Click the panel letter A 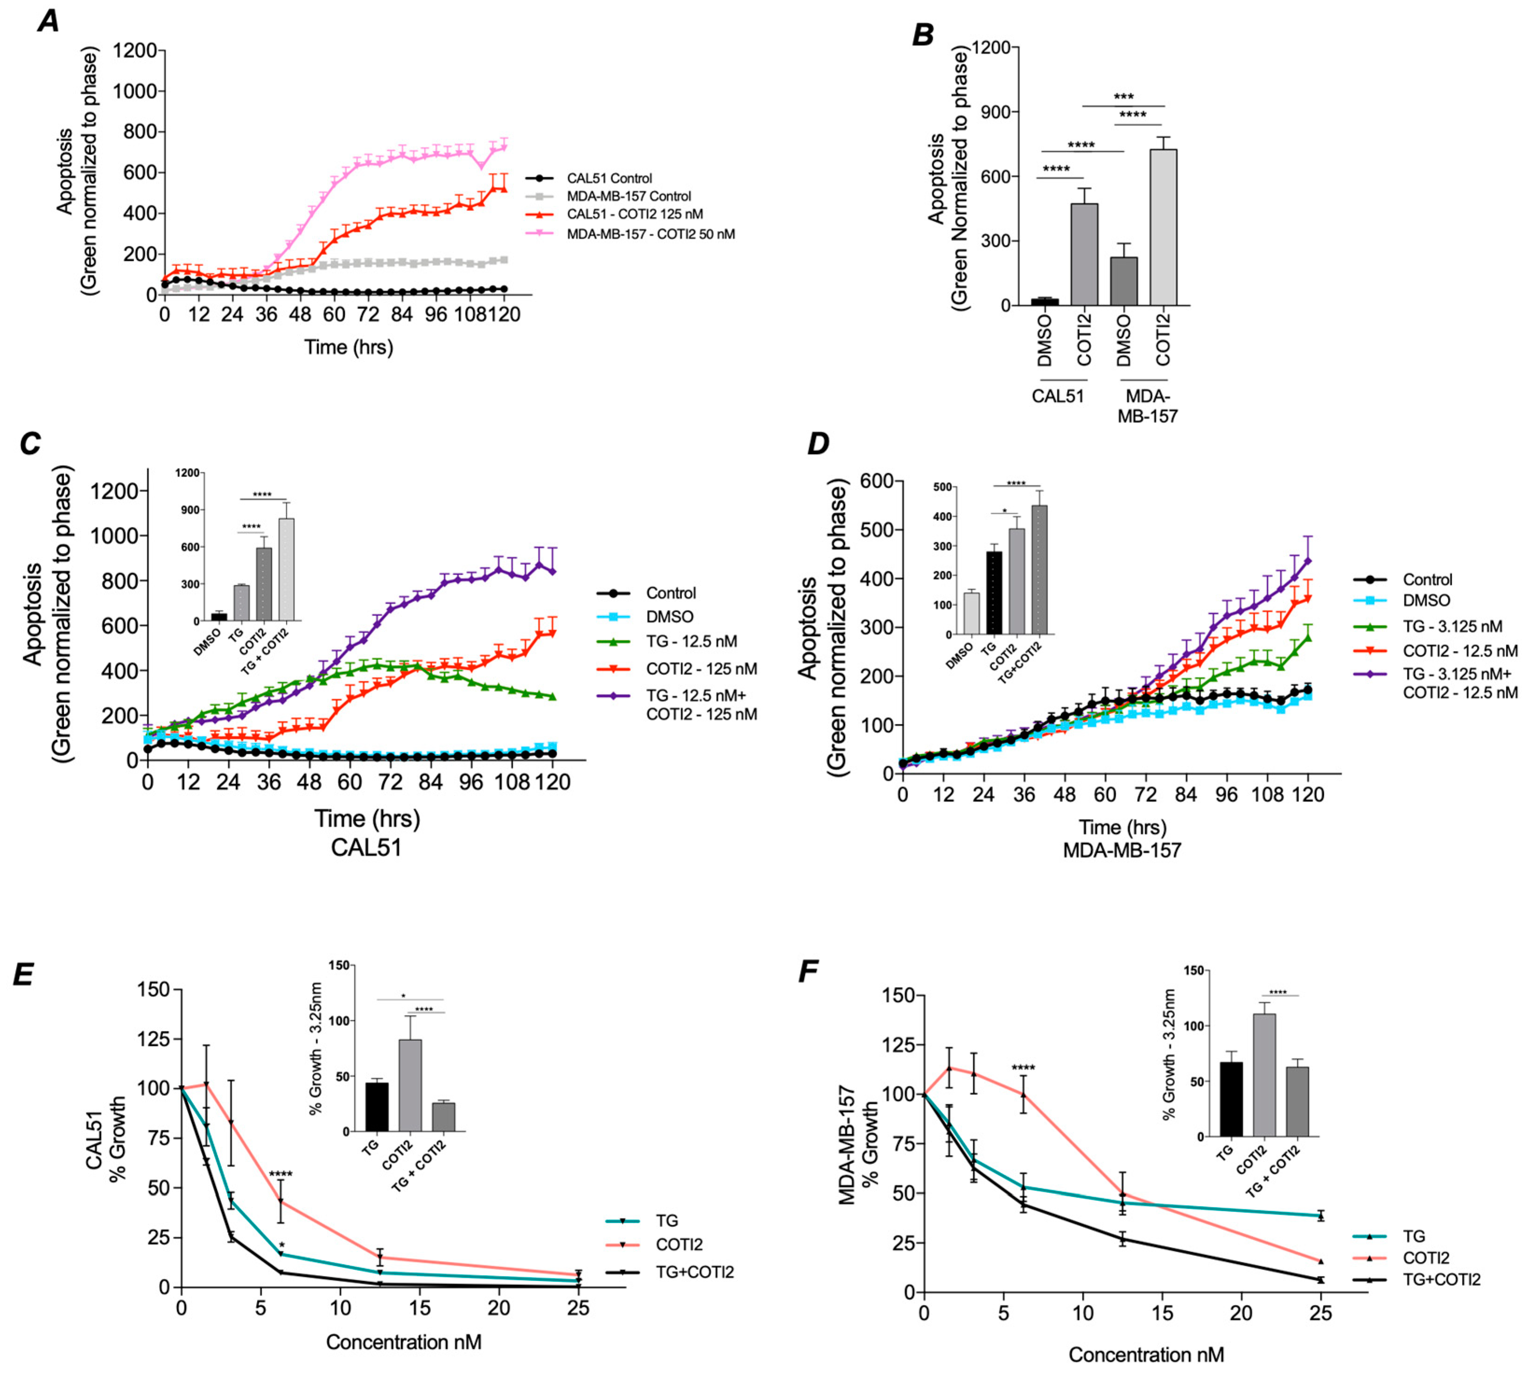tap(48, 21)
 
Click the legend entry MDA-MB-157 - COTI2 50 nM tap(650, 234)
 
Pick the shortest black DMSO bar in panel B tap(1045, 301)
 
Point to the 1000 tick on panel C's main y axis tap(115, 536)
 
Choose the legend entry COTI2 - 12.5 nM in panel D tap(1459, 650)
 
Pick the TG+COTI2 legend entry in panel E tap(694, 1272)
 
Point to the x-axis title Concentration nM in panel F tap(1146, 1354)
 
